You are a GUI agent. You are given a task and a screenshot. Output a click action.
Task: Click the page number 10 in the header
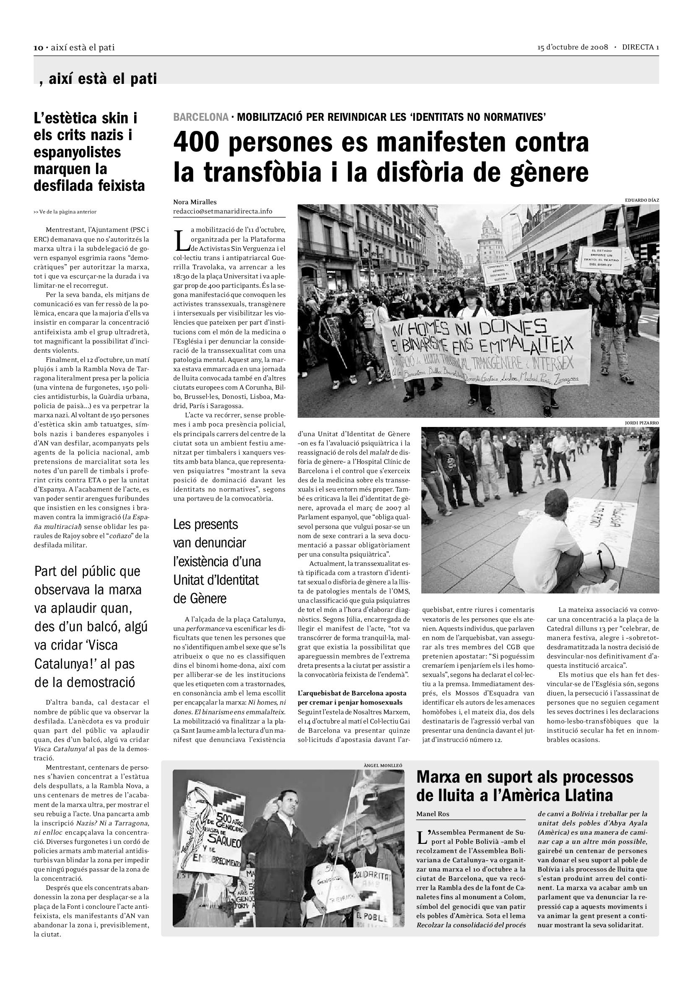pyautogui.click(x=38, y=48)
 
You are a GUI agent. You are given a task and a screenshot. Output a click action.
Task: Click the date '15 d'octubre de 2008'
pyautogui.click(x=572, y=47)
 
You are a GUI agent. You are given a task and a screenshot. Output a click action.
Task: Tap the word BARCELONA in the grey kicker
pyautogui.click(x=201, y=117)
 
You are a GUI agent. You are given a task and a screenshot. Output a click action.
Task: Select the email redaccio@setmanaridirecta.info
pyautogui.click(x=223, y=211)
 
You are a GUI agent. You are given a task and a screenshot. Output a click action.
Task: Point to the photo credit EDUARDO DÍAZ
pyautogui.click(x=642, y=200)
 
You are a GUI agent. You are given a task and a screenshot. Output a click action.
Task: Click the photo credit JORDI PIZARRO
pyautogui.click(x=641, y=423)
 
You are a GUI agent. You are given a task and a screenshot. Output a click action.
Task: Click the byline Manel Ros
pyautogui.click(x=433, y=814)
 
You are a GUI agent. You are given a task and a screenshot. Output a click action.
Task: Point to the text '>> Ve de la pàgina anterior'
pyautogui.click(x=65, y=212)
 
